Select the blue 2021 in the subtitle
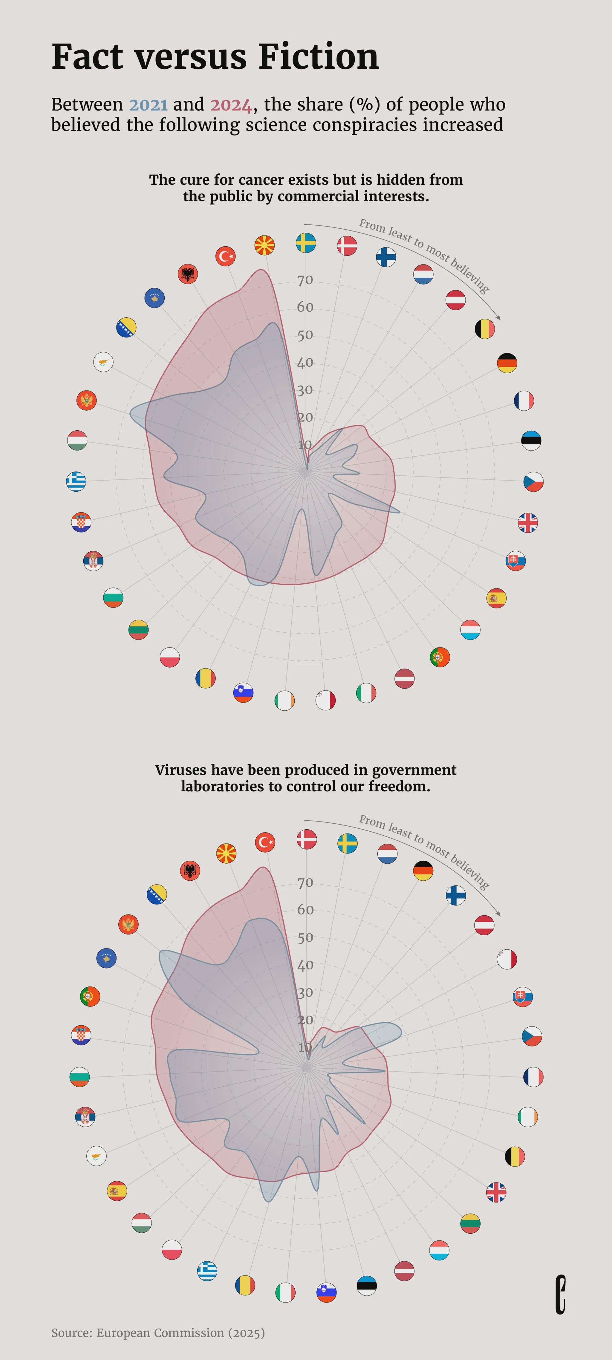149,105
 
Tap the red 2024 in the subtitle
231,105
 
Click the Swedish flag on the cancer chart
306,243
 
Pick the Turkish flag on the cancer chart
226,256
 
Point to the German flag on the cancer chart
507,363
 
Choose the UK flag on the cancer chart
527,523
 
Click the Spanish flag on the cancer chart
496,598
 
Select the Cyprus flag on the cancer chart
103,362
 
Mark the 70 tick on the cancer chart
305,280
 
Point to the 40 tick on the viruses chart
305,965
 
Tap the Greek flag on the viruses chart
207,1271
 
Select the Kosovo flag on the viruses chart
107,958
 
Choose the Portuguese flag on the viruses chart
90,996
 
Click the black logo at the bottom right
560,1295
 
